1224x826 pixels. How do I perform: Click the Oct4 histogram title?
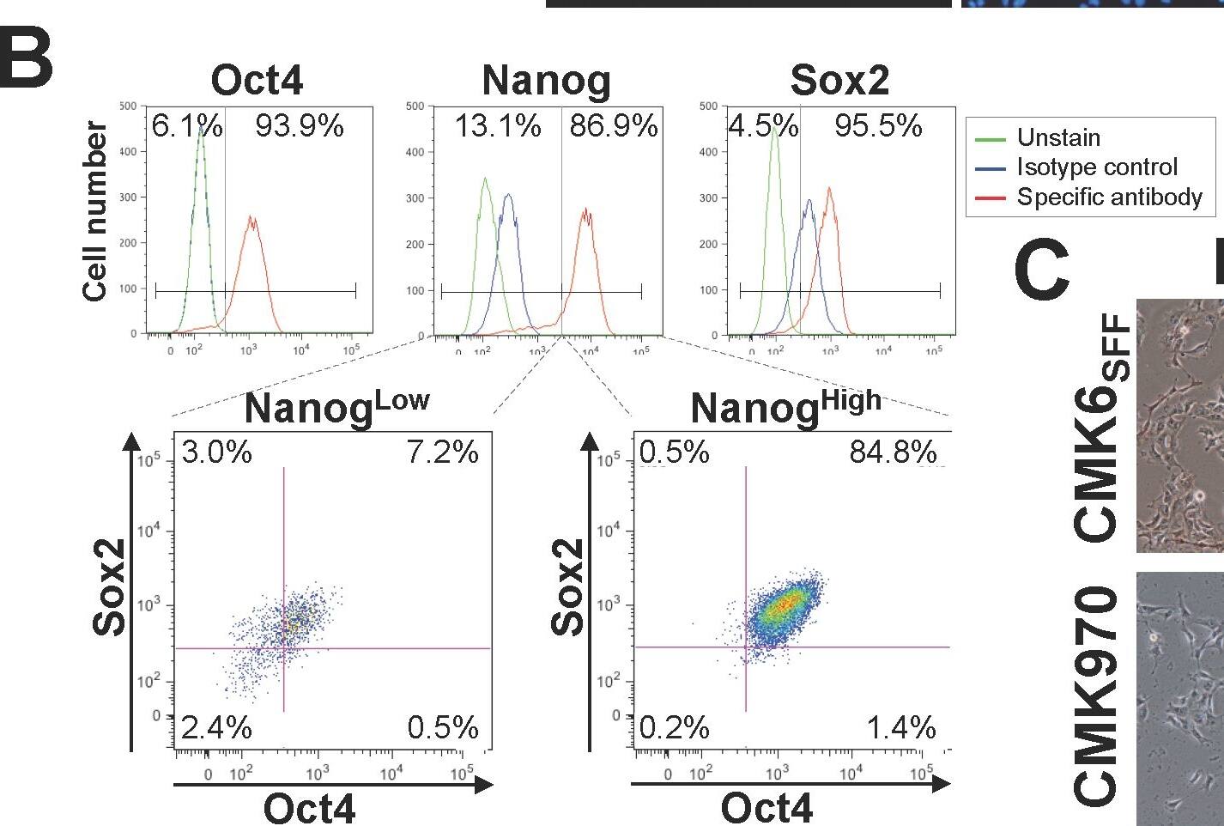point(257,81)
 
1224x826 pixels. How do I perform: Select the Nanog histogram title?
point(547,81)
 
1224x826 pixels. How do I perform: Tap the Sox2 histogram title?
point(839,81)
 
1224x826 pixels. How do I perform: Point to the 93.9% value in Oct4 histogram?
point(299,127)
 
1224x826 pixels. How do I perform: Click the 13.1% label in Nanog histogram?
point(498,127)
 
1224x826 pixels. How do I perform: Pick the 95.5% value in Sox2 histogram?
point(878,127)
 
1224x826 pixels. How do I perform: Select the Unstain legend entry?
point(1057,137)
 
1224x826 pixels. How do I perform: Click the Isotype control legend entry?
point(1096,167)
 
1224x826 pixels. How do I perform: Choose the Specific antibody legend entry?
point(1109,197)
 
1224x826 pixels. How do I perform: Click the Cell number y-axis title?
point(95,211)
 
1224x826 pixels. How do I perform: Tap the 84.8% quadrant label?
point(893,452)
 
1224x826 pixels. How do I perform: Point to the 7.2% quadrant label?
point(442,452)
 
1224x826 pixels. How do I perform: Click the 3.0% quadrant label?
point(216,452)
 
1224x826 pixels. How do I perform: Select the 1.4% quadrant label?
point(900,728)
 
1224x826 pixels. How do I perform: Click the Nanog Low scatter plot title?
point(336,407)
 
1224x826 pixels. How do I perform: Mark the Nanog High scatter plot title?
point(785,407)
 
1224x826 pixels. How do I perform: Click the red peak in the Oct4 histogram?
point(251,219)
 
